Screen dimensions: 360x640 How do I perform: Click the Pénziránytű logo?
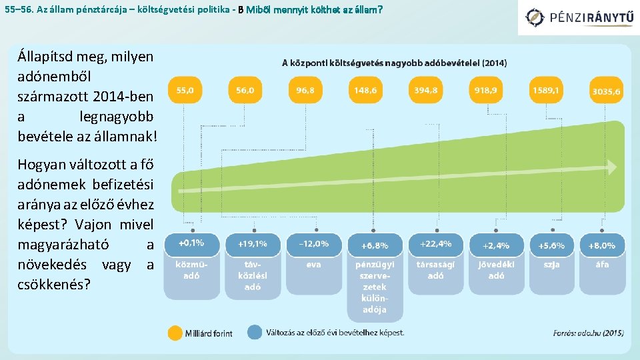click(x=578, y=17)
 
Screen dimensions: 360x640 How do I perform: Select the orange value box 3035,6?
click(x=606, y=92)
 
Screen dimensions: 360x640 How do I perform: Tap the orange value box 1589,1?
click(x=545, y=89)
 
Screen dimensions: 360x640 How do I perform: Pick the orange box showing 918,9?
click(x=485, y=89)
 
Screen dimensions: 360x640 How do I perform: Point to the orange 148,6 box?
click(x=365, y=89)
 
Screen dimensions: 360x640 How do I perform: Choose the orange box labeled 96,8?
click(x=305, y=89)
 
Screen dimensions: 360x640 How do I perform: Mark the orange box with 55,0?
click(x=185, y=89)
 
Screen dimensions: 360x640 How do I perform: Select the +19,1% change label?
click(x=253, y=244)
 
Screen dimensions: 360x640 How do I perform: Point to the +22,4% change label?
click(x=435, y=244)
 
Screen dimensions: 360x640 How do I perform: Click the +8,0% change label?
click(x=602, y=245)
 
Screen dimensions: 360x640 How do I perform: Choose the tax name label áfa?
click(x=602, y=264)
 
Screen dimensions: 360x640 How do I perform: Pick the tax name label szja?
click(x=551, y=264)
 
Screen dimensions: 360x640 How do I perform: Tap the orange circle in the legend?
click(x=175, y=333)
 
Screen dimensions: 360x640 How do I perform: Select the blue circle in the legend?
click(x=254, y=332)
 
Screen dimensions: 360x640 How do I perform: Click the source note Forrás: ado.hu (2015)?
click(x=587, y=333)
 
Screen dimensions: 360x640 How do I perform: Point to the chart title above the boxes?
click(x=394, y=63)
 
